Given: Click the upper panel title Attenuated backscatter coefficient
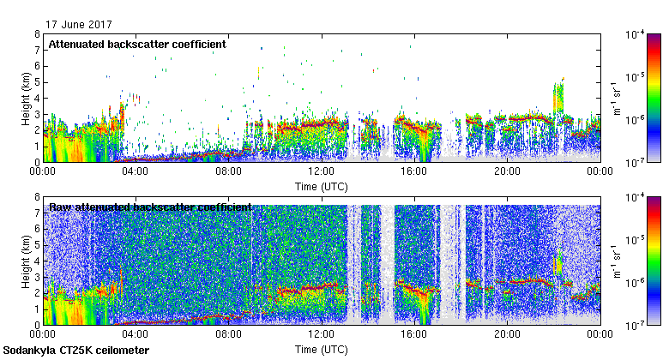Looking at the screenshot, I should click(x=137, y=44).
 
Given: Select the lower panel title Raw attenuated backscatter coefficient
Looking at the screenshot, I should click(x=149, y=207).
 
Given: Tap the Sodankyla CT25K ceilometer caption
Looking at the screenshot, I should click(x=75, y=351).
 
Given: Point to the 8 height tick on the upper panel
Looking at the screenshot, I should click(x=37, y=34).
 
